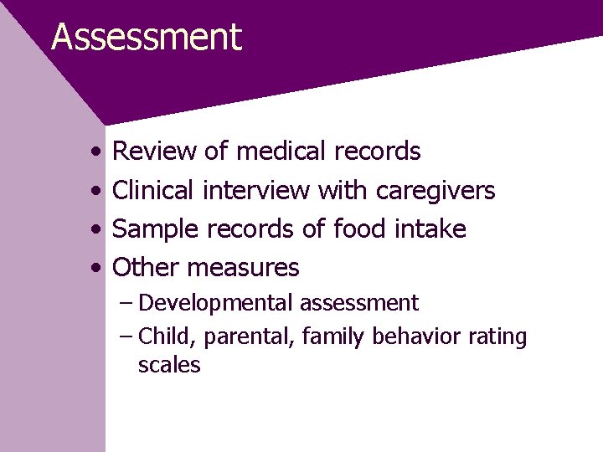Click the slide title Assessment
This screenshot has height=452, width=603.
[147, 38]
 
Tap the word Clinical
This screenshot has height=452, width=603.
[153, 191]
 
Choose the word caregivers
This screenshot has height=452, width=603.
[435, 192]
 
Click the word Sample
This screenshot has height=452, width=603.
[156, 229]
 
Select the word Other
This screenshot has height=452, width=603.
[146, 268]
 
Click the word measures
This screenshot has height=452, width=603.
[243, 269]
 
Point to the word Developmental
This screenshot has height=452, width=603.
[216, 303]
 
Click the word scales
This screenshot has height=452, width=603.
[169, 365]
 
